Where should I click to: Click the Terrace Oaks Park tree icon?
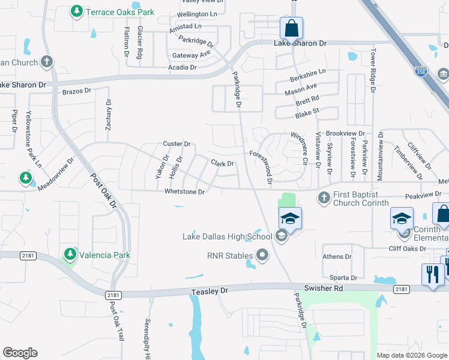click(x=77, y=11)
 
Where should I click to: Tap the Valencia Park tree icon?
click(x=70, y=255)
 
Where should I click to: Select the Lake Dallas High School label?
click(x=228, y=236)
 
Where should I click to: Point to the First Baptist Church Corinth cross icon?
click(x=324, y=197)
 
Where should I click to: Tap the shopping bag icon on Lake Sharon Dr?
click(x=291, y=28)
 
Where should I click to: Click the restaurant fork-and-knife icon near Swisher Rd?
click(x=433, y=275)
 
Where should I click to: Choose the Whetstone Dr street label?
click(x=185, y=192)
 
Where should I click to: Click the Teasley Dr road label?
click(x=210, y=291)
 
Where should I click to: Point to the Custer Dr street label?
click(x=176, y=144)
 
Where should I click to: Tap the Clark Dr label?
click(x=221, y=163)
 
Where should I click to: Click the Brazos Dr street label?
click(x=76, y=91)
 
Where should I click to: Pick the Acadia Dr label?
click(x=182, y=68)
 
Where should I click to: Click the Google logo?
click(x=20, y=353)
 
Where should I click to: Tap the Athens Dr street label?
click(x=337, y=257)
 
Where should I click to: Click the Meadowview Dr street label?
click(x=55, y=175)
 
